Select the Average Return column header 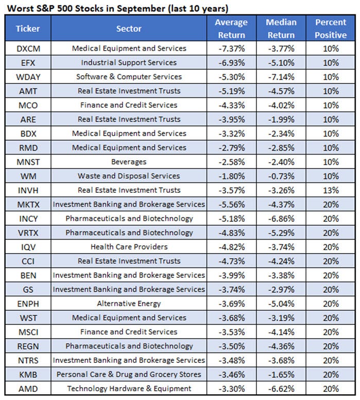pyautogui.click(x=231, y=28)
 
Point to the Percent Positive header pyautogui.click(x=331, y=28)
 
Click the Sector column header pyautogui.click(x=129, y=28)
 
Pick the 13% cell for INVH pyautogui.click(x=331, y=190)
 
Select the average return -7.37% pyautogui.click(x=231, y=48)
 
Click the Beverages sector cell pyautogui.click(x=129, y=162)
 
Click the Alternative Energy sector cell pyautogui.click(x=129, y=304)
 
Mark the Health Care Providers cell pyautogui.click(x=129, y=247)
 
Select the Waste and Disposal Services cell pyautogui.click(x=129, y=176)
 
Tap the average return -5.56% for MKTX pyautogui.click(x=231, y=204)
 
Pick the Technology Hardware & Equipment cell pyautogui.click(x=129, y=389)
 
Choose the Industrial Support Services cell pyautogui.click(x=129, y=62)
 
